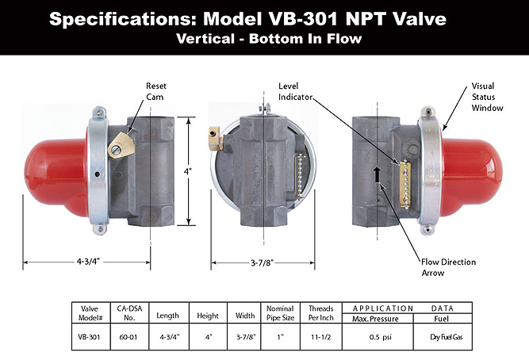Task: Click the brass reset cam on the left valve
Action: coord(121,145)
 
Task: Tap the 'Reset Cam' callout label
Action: coord(156,91)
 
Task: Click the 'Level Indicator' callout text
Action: coord(295,91)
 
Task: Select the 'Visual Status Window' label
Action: coord(487,97)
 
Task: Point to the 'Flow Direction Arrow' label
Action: coord(448,267)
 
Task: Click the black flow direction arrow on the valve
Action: coord(377,174)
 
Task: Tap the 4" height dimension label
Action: coord(188,171)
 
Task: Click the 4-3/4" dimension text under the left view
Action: coord(88,262)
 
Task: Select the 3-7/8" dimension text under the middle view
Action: coord(262,262)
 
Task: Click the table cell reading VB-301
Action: coord(89,337)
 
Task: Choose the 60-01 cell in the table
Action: coord(128,337)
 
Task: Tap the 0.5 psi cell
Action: coord(380,337)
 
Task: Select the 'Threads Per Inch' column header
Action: coord(321,313)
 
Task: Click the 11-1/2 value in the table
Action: coord(321,337)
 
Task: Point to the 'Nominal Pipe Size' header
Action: coord(280,313)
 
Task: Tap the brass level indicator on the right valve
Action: coord(405,184)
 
